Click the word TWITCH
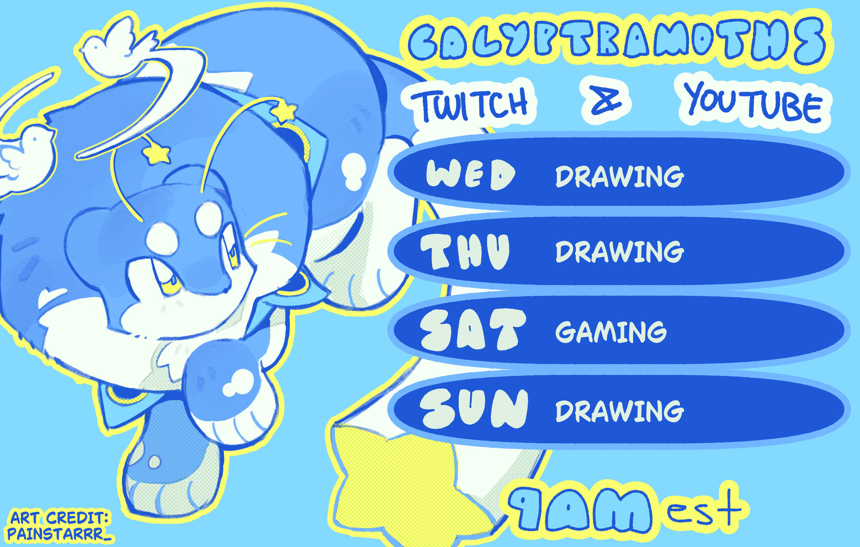469,104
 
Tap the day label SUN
473,408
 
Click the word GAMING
611,332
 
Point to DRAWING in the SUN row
620,411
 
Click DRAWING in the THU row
620,251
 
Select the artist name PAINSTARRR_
59,534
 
